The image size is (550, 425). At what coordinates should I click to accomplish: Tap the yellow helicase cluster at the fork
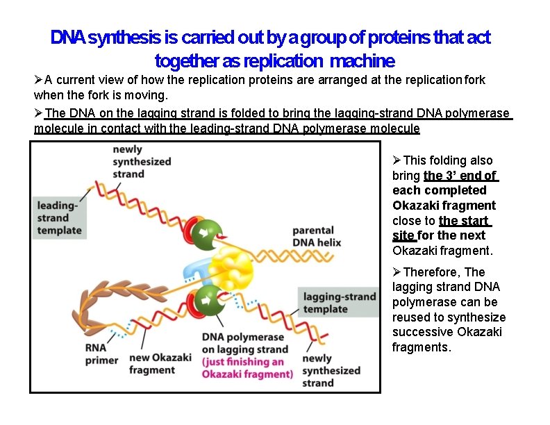pos(236,267)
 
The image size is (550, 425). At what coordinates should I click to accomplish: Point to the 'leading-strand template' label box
pos(59,217)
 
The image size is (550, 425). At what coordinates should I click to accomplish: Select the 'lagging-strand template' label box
pos(339,303)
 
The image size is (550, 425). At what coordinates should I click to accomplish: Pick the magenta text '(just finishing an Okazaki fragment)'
pos(247,368)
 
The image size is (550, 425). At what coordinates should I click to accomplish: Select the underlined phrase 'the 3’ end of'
pos(460,175)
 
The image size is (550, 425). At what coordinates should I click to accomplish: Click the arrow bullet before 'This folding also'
pos(397,160)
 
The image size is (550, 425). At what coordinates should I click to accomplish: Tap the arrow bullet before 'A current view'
pos(39,80)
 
